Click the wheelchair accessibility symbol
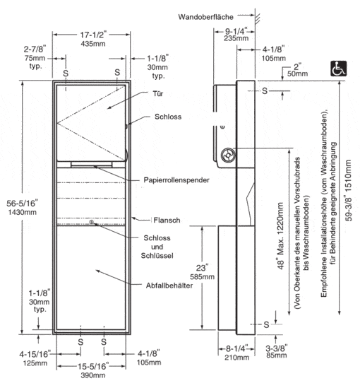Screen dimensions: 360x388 (338, 69)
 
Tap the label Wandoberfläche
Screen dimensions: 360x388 (205, 17)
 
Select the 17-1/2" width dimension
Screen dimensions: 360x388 (93, 35)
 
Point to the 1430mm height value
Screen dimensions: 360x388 (23, 212)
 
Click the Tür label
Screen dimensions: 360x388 (158, 94)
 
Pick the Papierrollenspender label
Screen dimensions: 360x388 (176, 180)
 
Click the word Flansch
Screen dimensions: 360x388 (167, 220)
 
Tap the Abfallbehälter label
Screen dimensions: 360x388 (169, 286)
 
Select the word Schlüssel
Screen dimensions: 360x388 (157, 255)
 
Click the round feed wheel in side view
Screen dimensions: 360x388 (228, 155)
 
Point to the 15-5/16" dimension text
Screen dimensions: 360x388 (93, 366)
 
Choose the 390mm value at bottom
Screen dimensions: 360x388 (93, 375)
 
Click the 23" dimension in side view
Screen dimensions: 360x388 (202, 267)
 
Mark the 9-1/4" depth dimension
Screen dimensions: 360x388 (236, 31)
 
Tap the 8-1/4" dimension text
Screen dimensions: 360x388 (236, 348)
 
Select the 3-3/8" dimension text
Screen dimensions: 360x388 (277, 348)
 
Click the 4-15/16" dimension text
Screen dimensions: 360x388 (35, 354)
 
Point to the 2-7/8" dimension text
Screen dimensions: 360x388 (35, 49)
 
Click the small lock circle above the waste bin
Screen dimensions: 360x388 (92, 222)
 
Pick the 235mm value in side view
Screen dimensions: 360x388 (236, 38)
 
